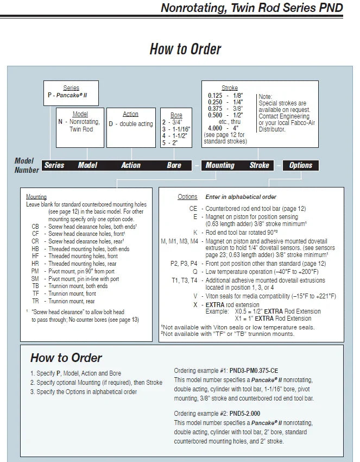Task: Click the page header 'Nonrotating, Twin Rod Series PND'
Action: [x=252, y=8]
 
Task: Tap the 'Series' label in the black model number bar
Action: [x=54, y=165]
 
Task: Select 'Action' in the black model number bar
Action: [x=131, y=165]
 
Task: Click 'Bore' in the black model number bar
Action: [x=174, y=165]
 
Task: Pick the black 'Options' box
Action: [x=301, y=165]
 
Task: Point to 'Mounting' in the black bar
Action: [x=220, y=165]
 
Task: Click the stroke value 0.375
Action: [x=215, y=109]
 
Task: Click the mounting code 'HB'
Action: [x=35, y=248]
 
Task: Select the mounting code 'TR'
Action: [x=35, y=301]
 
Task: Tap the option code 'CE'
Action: [x=193, y=208]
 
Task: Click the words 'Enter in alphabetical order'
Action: [x=241, y=197]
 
